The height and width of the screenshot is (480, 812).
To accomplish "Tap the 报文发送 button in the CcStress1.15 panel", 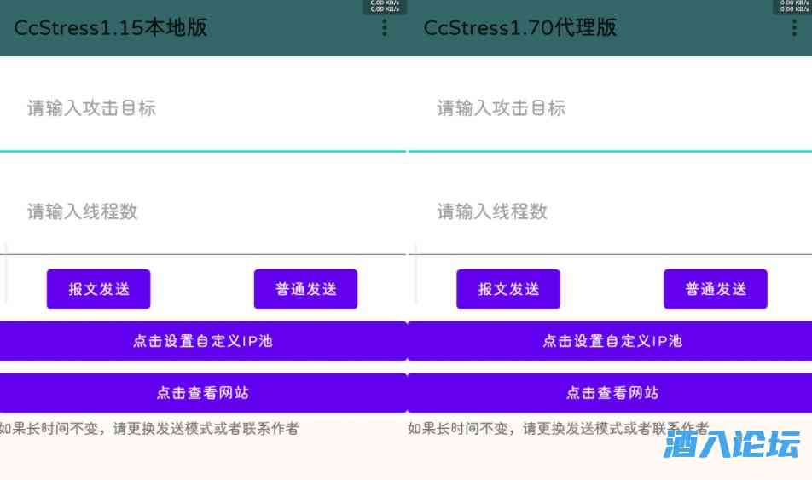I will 98,289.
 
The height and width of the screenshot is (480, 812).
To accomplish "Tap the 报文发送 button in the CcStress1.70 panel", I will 508,289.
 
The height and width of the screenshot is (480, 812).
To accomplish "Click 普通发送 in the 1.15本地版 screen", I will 305,289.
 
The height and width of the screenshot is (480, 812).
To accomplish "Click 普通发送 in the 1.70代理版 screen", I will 716,289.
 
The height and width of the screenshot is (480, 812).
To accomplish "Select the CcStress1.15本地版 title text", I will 111,27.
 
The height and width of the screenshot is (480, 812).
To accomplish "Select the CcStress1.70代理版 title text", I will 520,27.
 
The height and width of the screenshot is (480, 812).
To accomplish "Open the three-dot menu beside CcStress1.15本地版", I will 385,28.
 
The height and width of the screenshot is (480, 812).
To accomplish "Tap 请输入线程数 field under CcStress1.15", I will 202,212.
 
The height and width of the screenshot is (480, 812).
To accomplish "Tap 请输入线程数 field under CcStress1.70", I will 610,212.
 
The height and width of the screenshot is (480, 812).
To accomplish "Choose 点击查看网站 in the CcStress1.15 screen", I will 203,393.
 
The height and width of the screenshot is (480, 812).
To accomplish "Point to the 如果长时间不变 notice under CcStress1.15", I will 149,429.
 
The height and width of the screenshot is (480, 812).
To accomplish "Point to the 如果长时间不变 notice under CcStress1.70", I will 558,429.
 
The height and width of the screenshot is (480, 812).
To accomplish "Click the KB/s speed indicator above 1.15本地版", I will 385,6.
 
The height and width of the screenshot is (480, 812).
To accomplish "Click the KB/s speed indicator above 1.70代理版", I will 793,6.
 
